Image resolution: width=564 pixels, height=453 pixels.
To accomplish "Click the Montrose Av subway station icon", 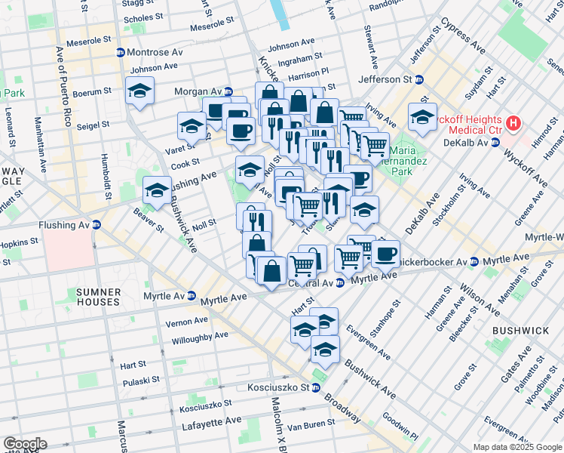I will (x=120, y=52).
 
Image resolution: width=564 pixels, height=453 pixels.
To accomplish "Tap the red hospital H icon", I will (x=513, y=122).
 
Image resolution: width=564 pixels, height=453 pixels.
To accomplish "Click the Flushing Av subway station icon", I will (x=96, y=224).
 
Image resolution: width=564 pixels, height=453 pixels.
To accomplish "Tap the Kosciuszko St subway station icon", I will (x=316, y=388).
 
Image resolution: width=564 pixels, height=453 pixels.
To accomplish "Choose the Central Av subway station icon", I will (x=340, y=283).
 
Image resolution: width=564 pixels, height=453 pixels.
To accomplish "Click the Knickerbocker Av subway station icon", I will (x=473, y=261).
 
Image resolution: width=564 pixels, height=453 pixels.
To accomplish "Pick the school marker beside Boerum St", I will (x=139, y=91).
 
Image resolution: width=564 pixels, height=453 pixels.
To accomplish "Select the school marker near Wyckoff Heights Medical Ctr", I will (x=422, y=117).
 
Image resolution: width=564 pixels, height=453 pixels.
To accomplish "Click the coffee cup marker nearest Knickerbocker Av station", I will (x=385, y=254).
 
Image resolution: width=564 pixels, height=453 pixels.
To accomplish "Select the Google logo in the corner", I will (x=24, y=443).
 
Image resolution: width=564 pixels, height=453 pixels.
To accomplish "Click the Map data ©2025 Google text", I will (x=516, y=447).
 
